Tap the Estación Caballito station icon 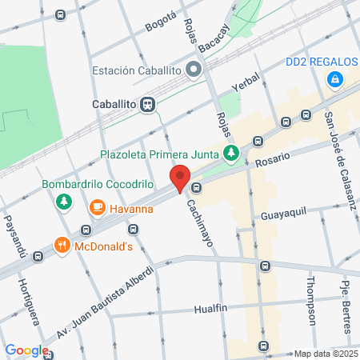[x=194, y=70]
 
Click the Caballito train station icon [x=147, y=104]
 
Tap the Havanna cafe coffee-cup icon [x=97, y=210]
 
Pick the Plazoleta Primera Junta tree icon [x=231, y=153]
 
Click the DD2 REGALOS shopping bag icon [x=336, y=78]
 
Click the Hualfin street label [x=214, y=307]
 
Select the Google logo [x=26, y=350]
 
